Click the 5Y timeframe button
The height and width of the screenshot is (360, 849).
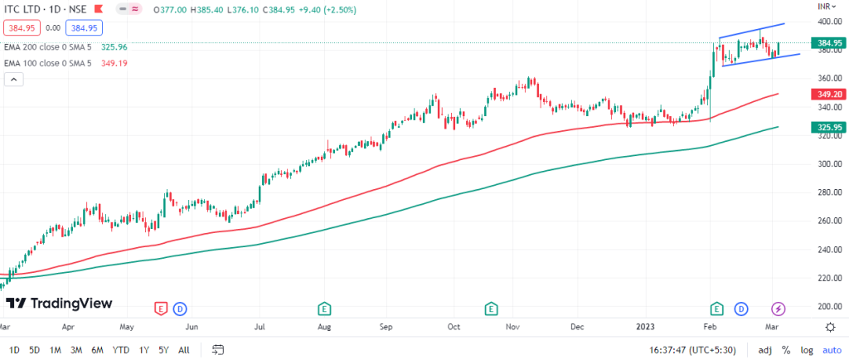(163, 349)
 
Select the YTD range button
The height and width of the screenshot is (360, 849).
(120, 349)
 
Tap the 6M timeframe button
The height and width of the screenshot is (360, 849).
(98, 349)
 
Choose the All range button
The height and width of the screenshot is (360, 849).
(184, 349)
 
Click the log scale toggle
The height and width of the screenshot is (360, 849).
(806, 349)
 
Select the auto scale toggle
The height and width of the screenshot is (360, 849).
(831, 349)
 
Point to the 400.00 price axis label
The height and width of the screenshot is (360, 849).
(825, 22)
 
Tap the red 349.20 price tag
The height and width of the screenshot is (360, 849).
(825, 95)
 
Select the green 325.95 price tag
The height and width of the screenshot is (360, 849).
(825, 128)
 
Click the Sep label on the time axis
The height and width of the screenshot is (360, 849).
(386, 327)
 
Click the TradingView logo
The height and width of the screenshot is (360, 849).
(59, 304)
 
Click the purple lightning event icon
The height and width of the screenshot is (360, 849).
(778, 309)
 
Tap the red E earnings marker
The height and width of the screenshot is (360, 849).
(161, 309)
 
